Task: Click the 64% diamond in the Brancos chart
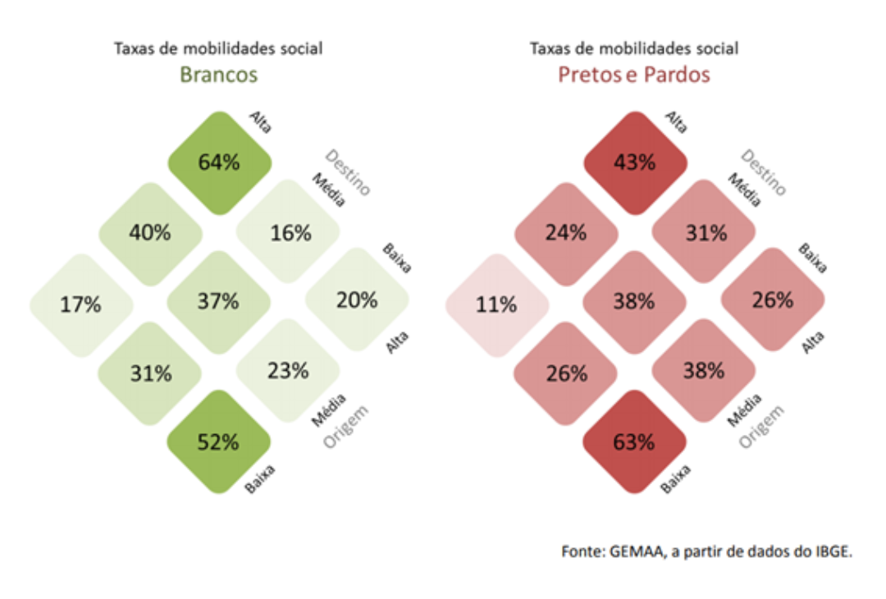pyautogui.click(x=219, y=162)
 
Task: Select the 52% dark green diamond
pyautogui.click(x=219, y=442)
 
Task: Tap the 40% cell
pyautogui.click(x=149, y=232)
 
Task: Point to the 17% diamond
pyautogui.click(x=80, y=305)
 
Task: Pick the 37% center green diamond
pyautogui.click(x=218, y=302)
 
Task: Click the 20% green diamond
pyautogui.click(x=358, y=300)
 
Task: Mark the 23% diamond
pyautogui.click(x=288, y=371)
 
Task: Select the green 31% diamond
pyautogui.click(x=149, y=373)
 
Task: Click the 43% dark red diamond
pyautogui.click(x=634, y=162)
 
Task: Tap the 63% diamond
pyautogui.click(x=634, y=443)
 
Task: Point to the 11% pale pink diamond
pyautogui.click(x=496, y=305)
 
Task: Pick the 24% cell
pyautogui.click(x=566, y=232)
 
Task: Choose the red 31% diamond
pyautogui.click(x=705, y=232)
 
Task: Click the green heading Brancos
pyautogui.click(x=218, y=75)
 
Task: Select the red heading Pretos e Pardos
pyautogui.click(x=634, y=75)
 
